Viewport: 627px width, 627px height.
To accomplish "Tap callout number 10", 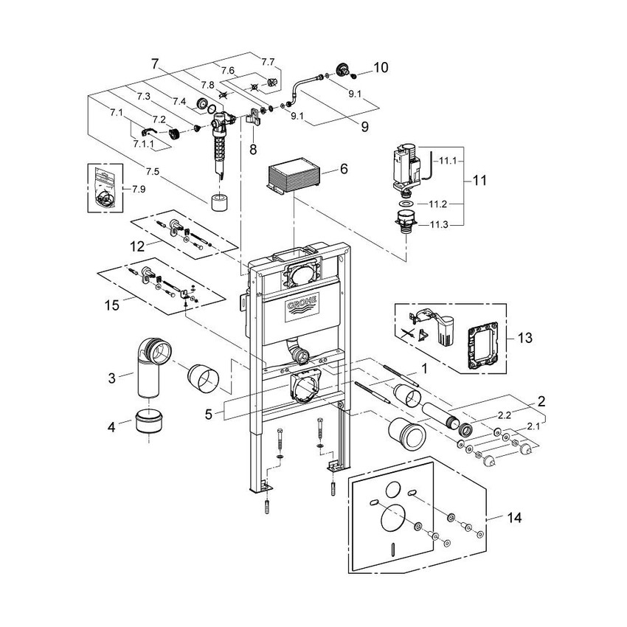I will [x=381, y=68].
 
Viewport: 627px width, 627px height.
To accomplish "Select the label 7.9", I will [x=139, y=190].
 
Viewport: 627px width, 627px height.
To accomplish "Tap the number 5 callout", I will [x=209, y=415].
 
